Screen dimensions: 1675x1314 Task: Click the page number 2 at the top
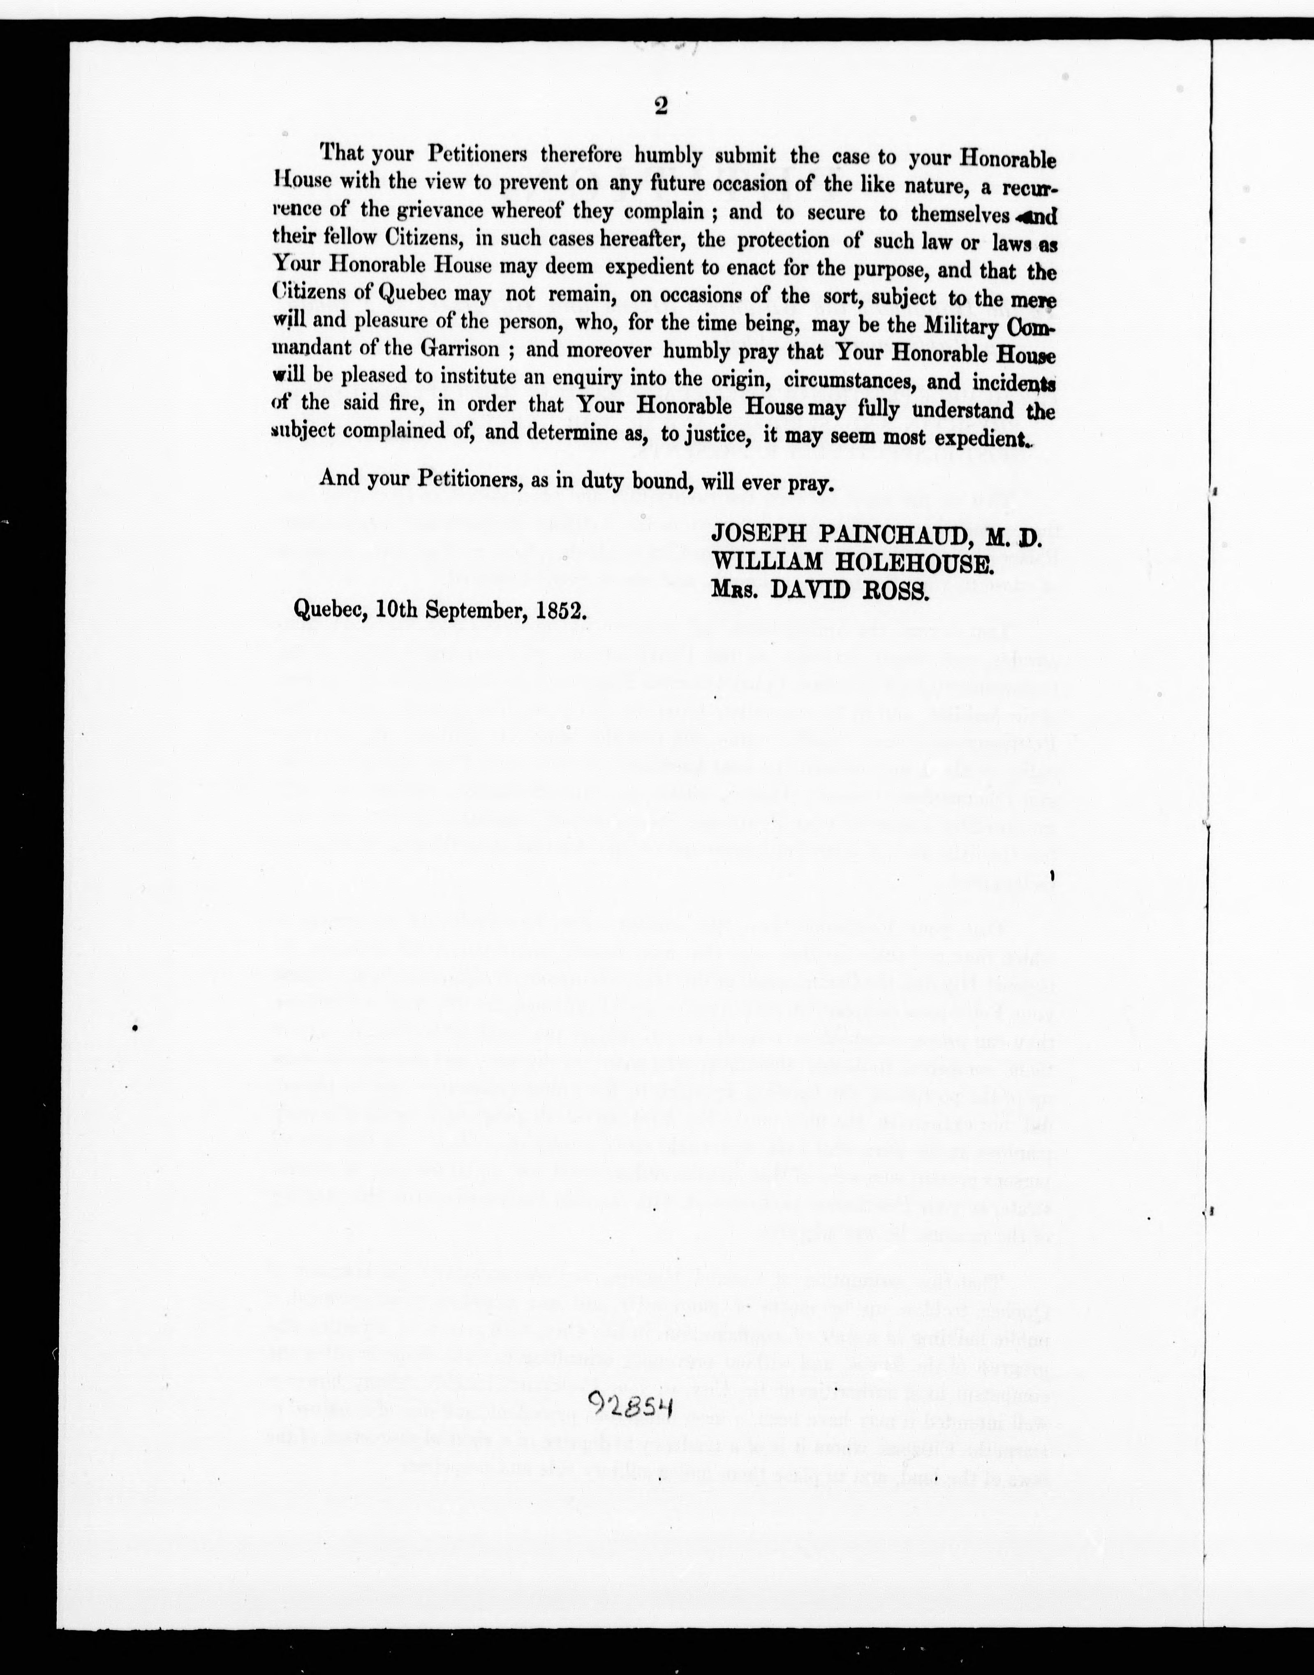(660, 107)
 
